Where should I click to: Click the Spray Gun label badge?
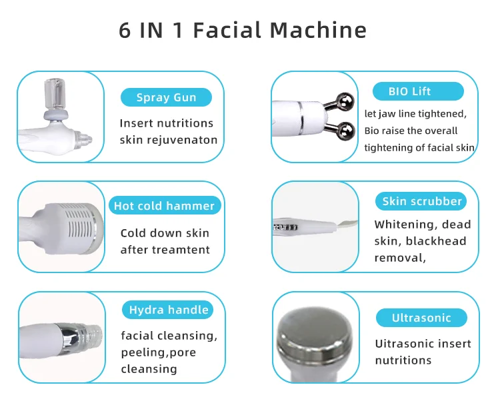coord(166,97)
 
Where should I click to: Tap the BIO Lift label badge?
coord(418,91)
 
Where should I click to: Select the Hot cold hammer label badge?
coord(165,206)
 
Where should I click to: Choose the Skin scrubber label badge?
coord(421,201)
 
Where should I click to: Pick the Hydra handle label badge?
coord(167,310)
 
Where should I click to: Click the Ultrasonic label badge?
coord(421,318)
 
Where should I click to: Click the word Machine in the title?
coord(318,30)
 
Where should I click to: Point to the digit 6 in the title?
coord(125,31)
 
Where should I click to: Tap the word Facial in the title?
coord(227,30)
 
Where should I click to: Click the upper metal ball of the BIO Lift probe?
coord(345,102)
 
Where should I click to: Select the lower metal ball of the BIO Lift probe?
coord(346,131)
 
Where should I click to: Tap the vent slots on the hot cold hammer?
coord(79,223)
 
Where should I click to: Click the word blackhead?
coord(436,241)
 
